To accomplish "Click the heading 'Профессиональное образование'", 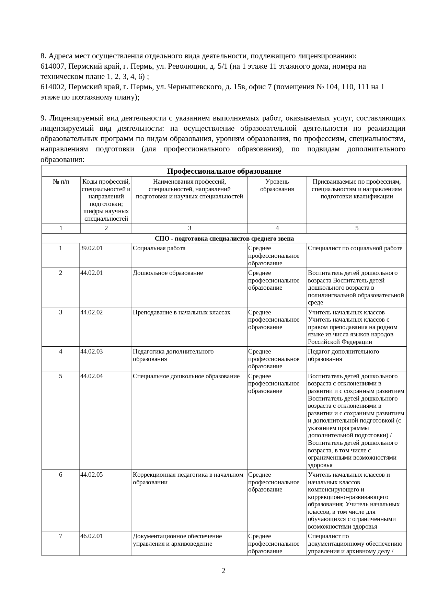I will click(x=224, y=171).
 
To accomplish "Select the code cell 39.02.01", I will click(x=91, y=248).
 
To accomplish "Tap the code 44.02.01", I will click(x=91, y=273).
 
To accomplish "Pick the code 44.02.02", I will click(x=91, y=312).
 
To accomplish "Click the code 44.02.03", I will click(x=91, y=351).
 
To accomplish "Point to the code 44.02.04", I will click(x=91, y=376).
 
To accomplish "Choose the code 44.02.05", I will click(x=91, y=475).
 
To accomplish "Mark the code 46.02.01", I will click(x=91, y=536).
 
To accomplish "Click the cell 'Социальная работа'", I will click(x=159, y=248).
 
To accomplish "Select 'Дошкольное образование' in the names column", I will click(x=168, y=273).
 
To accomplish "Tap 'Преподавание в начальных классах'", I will click(x=182, y=312).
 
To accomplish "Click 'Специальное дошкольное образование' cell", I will click(x=186, y=376).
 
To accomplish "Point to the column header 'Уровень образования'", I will click(x=277, y=185).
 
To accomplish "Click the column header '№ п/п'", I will click(x=61, y=182).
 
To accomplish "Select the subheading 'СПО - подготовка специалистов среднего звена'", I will click(x=224, y=239).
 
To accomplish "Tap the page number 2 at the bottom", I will click(x=223, y=571).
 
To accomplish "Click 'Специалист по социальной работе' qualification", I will click(x=355, y=248).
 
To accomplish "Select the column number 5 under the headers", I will click(x=357, y=228).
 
